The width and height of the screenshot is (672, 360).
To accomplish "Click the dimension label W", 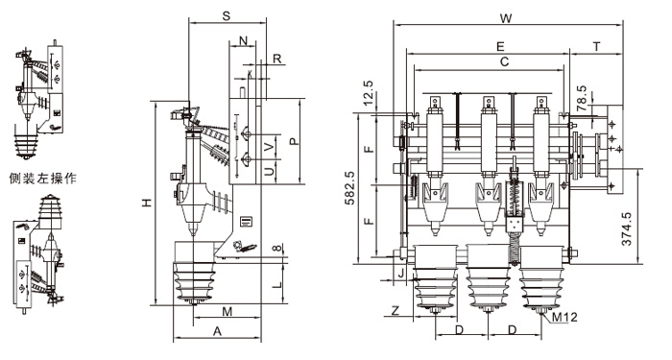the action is point(506,18).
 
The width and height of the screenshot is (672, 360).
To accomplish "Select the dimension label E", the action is point(500,47).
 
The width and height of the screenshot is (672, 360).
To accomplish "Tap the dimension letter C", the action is point(504,62).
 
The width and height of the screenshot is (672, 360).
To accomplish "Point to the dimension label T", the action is point(597,47).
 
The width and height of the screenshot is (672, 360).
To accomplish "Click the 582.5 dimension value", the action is point(350,188).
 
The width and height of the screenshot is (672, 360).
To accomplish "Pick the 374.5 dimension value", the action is point(627,228).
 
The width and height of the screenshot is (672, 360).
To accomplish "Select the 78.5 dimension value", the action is point(581,99).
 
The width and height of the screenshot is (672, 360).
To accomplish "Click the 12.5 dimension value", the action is point(368,93).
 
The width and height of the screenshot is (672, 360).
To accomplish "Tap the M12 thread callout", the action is point(564,317).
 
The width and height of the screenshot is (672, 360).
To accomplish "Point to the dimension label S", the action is point(227,16).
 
